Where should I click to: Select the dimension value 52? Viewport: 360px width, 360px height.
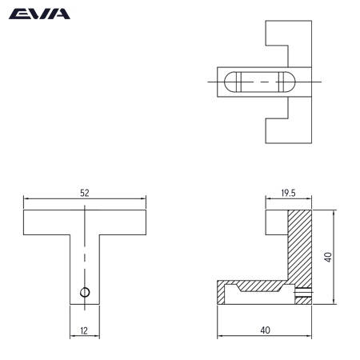85,193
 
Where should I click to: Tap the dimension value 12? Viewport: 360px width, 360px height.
85,328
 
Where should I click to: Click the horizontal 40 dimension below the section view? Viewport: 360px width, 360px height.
265,328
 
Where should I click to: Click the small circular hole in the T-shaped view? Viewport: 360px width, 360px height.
86,290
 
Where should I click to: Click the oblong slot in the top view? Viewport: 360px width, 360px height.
259,82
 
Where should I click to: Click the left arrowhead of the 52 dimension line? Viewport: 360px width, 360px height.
26,199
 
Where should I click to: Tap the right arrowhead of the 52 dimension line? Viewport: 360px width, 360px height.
144,199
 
